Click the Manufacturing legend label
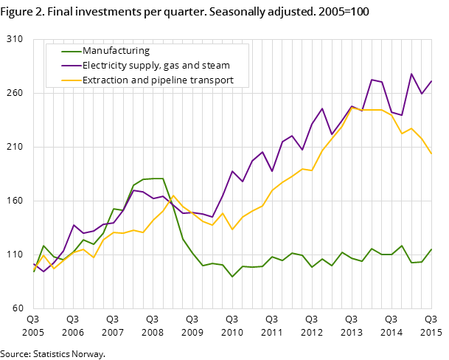(x=116, y=51)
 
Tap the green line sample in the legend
(x=71, y=51)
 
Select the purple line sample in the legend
(x=71, y=66)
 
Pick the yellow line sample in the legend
(x=71, y=80)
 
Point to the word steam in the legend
(x=216, y=66)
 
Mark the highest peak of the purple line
(x=411, y=74)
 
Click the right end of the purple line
(x=431, y=80)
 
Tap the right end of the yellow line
(x=431, y=154)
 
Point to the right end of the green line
(x=431, y=249)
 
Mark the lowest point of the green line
(x=232, y=277)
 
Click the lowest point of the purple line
(x=43, y=271)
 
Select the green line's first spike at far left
(x=43, y=246)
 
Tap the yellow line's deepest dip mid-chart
(x=232, y=229)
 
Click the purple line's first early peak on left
(x=74, y=225)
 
